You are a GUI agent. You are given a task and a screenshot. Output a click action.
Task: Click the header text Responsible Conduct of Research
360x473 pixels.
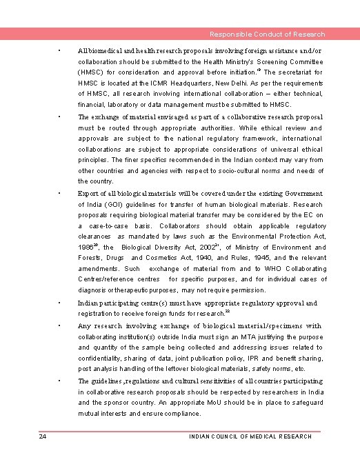tap(268, 34)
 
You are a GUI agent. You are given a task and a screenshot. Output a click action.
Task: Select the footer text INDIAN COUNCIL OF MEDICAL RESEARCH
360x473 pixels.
tap(249, 436)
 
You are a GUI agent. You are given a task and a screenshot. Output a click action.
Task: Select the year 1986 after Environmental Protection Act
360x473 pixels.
tap(86, 248)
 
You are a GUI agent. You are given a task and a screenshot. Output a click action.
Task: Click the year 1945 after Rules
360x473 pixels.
tap(256, 258)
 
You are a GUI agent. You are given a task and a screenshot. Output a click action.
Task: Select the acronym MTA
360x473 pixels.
tap(225, 337)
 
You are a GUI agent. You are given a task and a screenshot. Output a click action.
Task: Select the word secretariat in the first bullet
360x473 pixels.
tap(288, 72)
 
